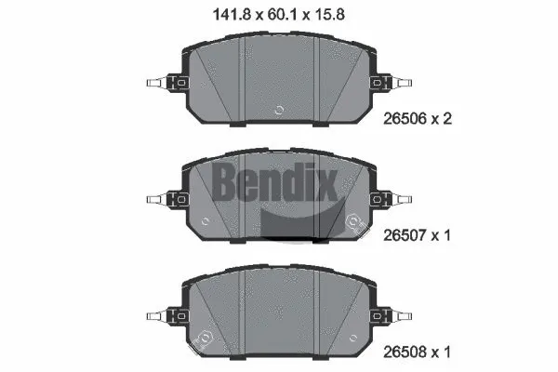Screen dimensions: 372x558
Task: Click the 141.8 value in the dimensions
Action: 228,13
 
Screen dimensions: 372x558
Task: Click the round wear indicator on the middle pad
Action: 352,221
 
